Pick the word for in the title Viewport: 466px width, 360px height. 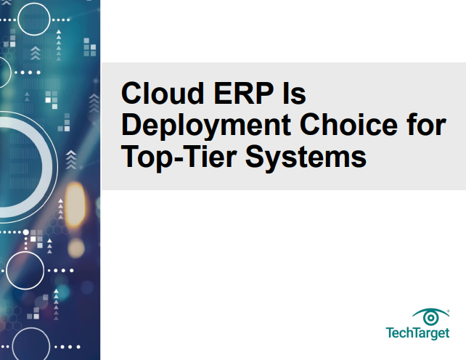pos(425,125)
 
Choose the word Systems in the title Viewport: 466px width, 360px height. pos(306,157)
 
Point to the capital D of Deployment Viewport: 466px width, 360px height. pos(131,125)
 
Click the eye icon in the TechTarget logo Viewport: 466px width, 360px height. pos(431,317)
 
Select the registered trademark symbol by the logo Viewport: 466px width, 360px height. pos(448,308)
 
